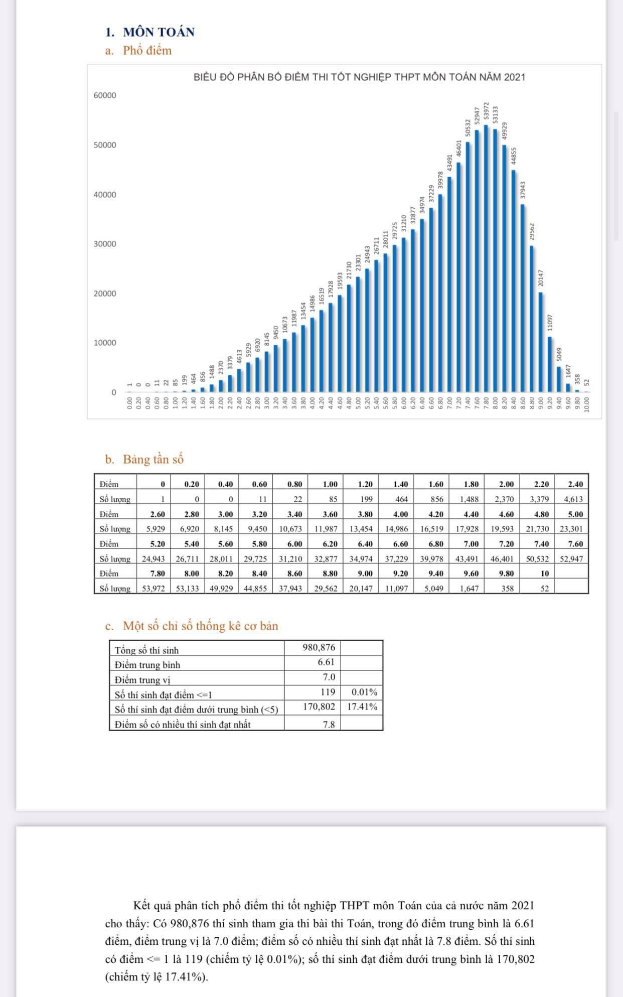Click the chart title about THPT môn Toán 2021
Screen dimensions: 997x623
[x=359, y=77]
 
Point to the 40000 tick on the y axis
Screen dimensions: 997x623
[x=105, y=195]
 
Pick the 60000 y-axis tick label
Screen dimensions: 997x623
[x=105, y=95]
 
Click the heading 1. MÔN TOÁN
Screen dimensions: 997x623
[x=150, y=32]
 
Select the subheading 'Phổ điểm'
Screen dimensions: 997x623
[x=147, y=51]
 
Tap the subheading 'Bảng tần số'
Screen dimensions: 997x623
[x=153, y=459]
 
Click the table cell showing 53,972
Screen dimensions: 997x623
[x=153, y=588]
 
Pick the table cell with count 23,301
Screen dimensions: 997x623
[x=571, y=528]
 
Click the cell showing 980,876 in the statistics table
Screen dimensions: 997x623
[x=319, y=647]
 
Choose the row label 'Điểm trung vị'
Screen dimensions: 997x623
[x=142, y=680]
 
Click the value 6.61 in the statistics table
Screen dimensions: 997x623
[x=326, y=662]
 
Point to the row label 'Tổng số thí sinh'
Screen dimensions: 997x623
[x=146, y=650]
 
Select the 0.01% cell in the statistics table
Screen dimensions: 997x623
[x=364, y=692]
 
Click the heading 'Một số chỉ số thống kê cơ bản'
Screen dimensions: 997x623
[x=200, y=626]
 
